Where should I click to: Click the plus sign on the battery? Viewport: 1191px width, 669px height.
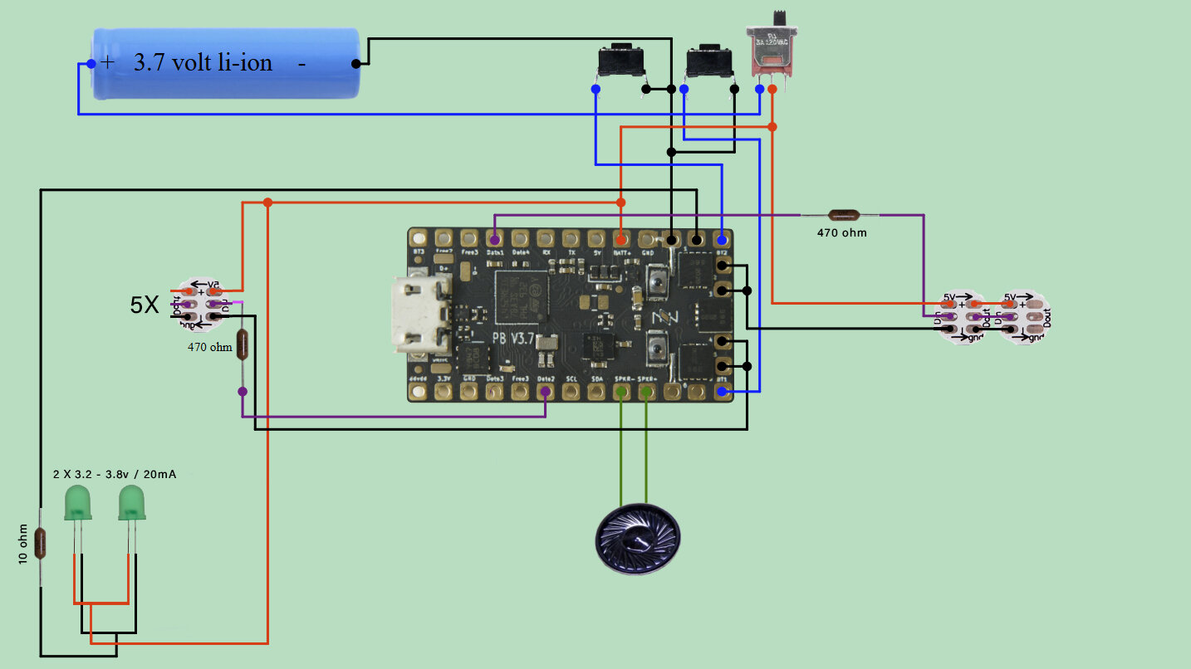108,62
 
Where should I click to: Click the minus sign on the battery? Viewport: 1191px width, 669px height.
301,63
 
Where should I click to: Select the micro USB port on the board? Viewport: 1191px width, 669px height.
419,314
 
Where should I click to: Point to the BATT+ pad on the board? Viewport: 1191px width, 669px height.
621,240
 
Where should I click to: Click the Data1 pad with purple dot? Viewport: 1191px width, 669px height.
495,240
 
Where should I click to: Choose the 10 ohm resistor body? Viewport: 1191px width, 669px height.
41,544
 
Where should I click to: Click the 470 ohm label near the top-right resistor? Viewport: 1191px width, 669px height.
841,233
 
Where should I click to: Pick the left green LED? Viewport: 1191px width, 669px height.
78,503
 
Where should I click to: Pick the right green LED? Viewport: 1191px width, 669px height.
131,503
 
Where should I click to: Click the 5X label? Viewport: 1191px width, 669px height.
145,305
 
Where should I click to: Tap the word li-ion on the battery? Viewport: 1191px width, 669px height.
245,63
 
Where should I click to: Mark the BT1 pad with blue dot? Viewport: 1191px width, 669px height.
723,390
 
